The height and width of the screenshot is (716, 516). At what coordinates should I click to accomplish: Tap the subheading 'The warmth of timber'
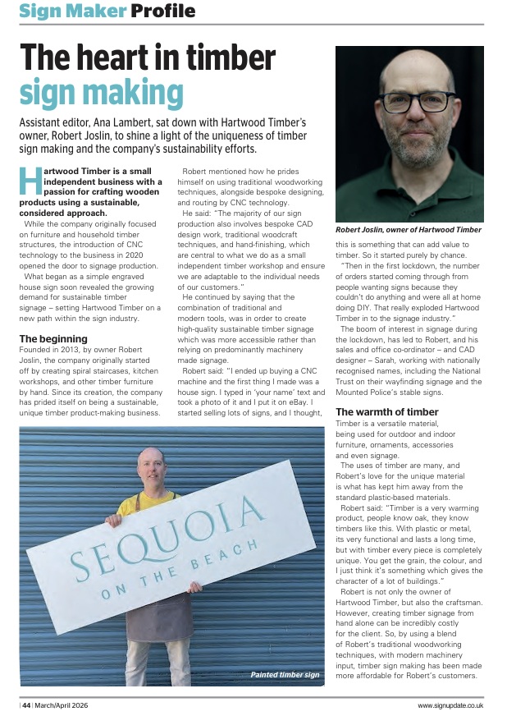386,411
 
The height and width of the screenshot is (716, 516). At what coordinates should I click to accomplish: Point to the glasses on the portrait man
416,103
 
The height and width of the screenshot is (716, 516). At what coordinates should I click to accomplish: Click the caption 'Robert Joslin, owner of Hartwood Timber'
409,230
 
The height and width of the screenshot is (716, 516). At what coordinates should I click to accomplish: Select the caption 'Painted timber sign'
285,674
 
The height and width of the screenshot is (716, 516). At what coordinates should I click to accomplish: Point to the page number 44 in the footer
27,705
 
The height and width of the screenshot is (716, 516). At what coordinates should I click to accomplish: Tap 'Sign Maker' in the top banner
72,11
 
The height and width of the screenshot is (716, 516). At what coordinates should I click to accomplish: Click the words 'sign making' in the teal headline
100,93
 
